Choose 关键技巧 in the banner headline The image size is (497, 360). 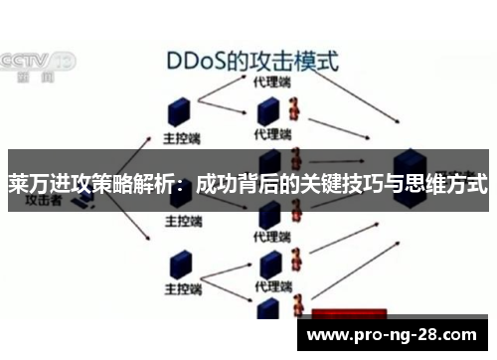pos(343,185)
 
